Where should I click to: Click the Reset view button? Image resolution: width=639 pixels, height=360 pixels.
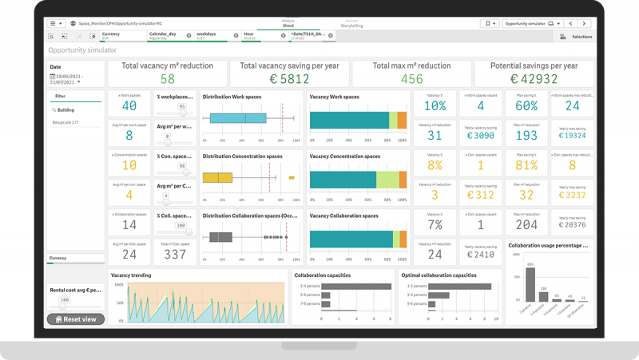click(x=76, y=319)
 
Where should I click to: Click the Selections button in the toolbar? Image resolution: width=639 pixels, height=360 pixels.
click(x=577, y=37)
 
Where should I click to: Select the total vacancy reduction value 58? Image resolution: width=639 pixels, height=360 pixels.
click(x=168, y=79)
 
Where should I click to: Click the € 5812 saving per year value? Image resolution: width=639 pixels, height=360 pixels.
click(x=290, y=79)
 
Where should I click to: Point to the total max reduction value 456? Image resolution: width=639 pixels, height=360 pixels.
click(x=412, y=79)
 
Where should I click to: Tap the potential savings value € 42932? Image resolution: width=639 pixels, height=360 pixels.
click(x=534, y=79)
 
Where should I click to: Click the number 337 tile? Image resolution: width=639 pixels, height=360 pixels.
click(x=175, y=255)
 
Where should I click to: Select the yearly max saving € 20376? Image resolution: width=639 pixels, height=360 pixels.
click(x=572, y=225)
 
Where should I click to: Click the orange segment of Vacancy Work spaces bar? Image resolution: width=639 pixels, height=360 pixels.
click(x=403, y=120)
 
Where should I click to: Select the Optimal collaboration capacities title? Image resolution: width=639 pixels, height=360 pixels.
click(x=443, y=275)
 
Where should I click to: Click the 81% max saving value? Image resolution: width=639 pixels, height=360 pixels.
click(x=526, y=165)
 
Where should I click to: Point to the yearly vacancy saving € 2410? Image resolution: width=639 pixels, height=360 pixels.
click(x=480, y=255)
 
